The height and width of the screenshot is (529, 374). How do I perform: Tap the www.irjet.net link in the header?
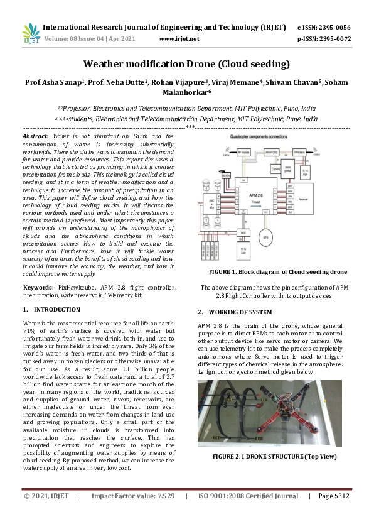click(179, 38)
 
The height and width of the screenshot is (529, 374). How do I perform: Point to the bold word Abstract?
click(35, 136)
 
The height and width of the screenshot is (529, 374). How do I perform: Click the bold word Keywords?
click(38, 288)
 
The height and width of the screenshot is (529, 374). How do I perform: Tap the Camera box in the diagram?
click(275, 168)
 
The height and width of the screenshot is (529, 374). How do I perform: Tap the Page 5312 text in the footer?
click(333, 496)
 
